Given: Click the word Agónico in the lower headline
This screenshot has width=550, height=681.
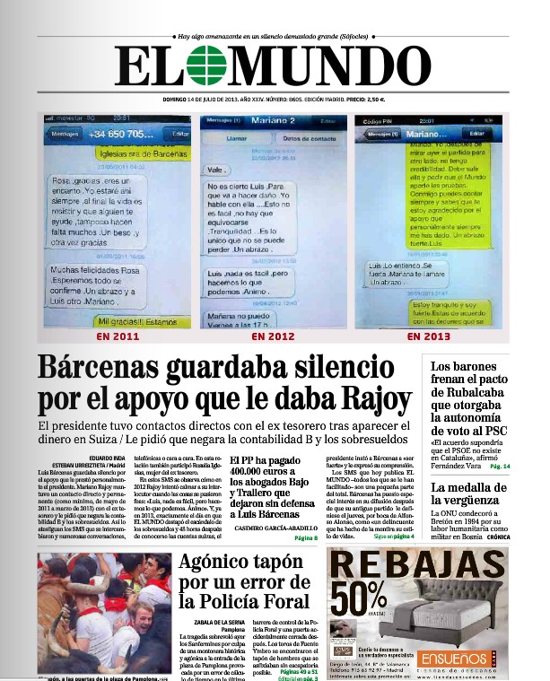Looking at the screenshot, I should (x=227, y=565).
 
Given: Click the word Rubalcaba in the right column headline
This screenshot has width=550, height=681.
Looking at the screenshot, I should (x=468, y=383).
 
